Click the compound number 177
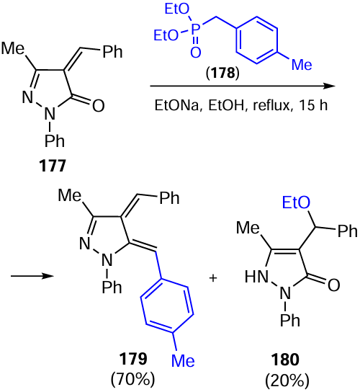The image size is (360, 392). pyautogui.click(x=53, y=166)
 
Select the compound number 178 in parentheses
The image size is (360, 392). pyautogui.click(x=222, y=73)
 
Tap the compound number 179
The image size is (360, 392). pyautogui.click(x=133, y=359)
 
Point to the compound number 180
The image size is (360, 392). pyautogui.click(x=285, y=360)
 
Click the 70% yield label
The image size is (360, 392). pyautogui.click(x=133, y=379)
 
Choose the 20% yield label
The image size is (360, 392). pyautogui.click(x=287, y=380)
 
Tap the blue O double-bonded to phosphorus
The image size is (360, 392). pyautogui.click(x=196, y=53)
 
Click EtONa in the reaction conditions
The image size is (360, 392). pyautogui.click(x=176, y=105)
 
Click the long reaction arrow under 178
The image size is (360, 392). pyautogui.click(x=242, y=86)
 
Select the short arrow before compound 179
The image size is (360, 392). pyautogui.click(x=32, y=276)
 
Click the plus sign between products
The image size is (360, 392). pyautogui.click(x=213, y=278)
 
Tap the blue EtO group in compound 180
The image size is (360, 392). pyautogui.click(x=296, y=202)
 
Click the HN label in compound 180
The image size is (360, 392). pyautogui.click(x=256, y=277)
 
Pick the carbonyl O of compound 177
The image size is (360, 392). pyautogui.click(x=98, y=105)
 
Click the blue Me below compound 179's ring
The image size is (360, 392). pyautogui.click(x=183, y=361)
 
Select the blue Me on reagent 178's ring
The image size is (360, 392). pyautogui.click(x=302, y=64)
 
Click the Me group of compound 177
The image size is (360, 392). pyautogui.click(x=13, y=48)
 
